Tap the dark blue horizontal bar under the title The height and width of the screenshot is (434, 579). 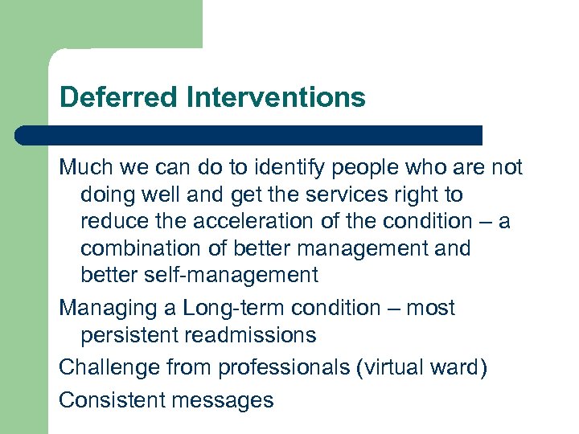click(249, 135)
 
